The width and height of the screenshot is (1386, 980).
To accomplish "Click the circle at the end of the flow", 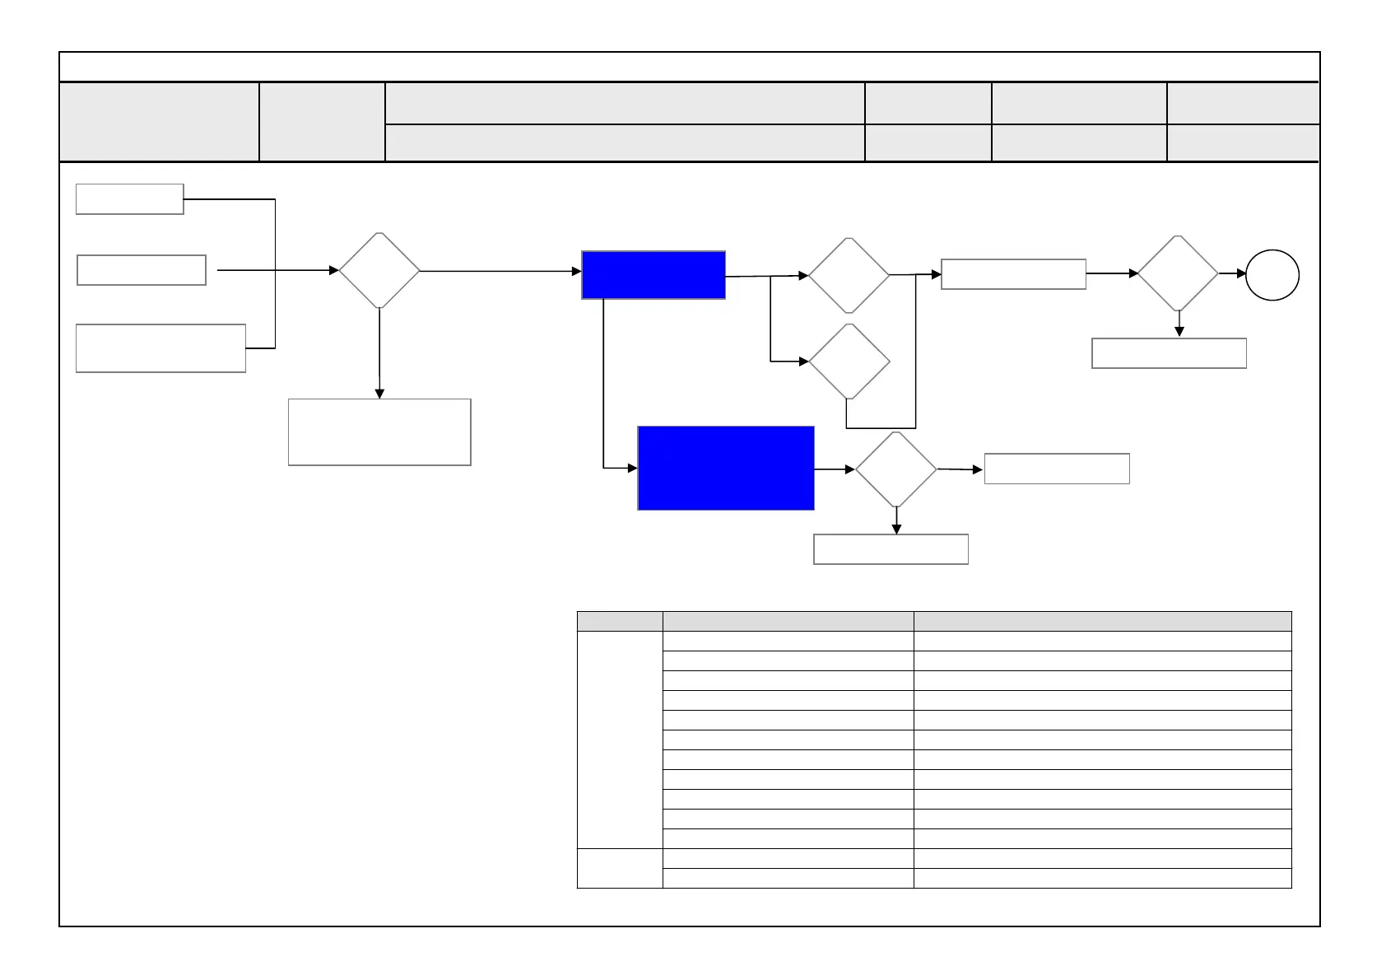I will point(1272,276).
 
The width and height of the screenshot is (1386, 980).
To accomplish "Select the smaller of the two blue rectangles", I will point(653,275).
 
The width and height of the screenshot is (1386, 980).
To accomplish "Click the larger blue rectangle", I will point(726,468).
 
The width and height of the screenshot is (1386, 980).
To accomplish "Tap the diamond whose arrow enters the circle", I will point(1178,273).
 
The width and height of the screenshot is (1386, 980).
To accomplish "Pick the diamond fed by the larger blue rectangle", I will point(895,469).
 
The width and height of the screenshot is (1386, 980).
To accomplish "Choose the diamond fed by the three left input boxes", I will point(379,270).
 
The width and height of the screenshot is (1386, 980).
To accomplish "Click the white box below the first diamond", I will point(379,432).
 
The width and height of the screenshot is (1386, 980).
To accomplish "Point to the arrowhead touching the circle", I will point(1242,273).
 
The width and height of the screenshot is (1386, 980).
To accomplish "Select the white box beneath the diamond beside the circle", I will point(1169,353).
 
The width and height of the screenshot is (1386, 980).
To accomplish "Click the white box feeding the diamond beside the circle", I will point(1013,274).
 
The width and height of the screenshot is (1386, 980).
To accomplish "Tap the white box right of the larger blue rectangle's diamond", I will point(1057,469).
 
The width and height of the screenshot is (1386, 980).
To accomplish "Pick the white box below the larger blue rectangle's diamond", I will point(891,549).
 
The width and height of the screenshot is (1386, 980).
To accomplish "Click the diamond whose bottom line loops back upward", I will point(849,362).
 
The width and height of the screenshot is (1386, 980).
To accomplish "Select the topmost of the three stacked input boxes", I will point(129,199).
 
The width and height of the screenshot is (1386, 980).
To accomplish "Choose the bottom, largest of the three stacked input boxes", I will point(160,348).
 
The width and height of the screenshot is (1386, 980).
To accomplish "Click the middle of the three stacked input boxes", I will point(141,270).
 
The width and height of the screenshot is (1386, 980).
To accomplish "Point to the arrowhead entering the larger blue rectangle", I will point(633,468).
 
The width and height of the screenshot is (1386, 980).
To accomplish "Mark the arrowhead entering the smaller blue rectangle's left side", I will point(577,270).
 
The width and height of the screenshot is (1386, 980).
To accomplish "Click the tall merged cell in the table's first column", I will point(620,740).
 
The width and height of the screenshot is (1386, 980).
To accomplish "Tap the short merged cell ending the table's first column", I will point(620,868).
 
